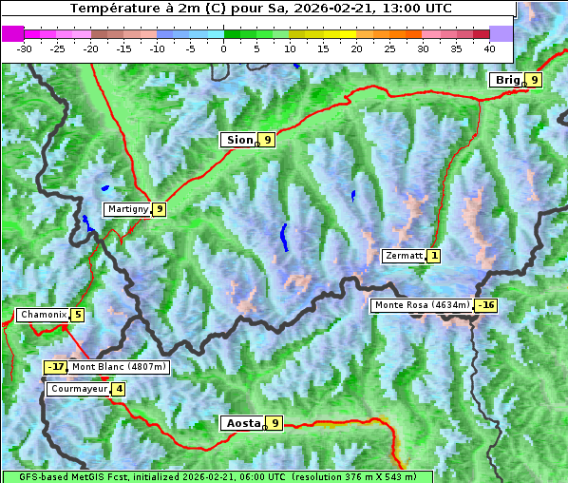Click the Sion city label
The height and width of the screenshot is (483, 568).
238,140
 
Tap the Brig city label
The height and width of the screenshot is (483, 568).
507,80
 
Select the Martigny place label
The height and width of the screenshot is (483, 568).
127,209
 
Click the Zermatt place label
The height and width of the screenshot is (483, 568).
403,256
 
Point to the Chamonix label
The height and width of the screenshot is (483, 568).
43,315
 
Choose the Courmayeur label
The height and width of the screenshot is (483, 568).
78,389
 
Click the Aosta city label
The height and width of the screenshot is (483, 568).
242,423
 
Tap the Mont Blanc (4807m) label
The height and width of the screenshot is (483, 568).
119,367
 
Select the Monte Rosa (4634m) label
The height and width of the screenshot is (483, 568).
422,305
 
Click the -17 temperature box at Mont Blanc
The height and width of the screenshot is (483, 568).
56,367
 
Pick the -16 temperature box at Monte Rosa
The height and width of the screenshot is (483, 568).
486,305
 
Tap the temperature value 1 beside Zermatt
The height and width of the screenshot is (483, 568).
434,256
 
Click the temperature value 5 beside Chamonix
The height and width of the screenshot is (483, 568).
78,315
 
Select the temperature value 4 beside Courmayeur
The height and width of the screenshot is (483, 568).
119,389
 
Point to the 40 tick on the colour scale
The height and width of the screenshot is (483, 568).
489,48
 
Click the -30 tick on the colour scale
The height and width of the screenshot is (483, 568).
25,48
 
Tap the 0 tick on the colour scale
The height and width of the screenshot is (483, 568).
224,48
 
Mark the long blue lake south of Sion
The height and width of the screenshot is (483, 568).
283,238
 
